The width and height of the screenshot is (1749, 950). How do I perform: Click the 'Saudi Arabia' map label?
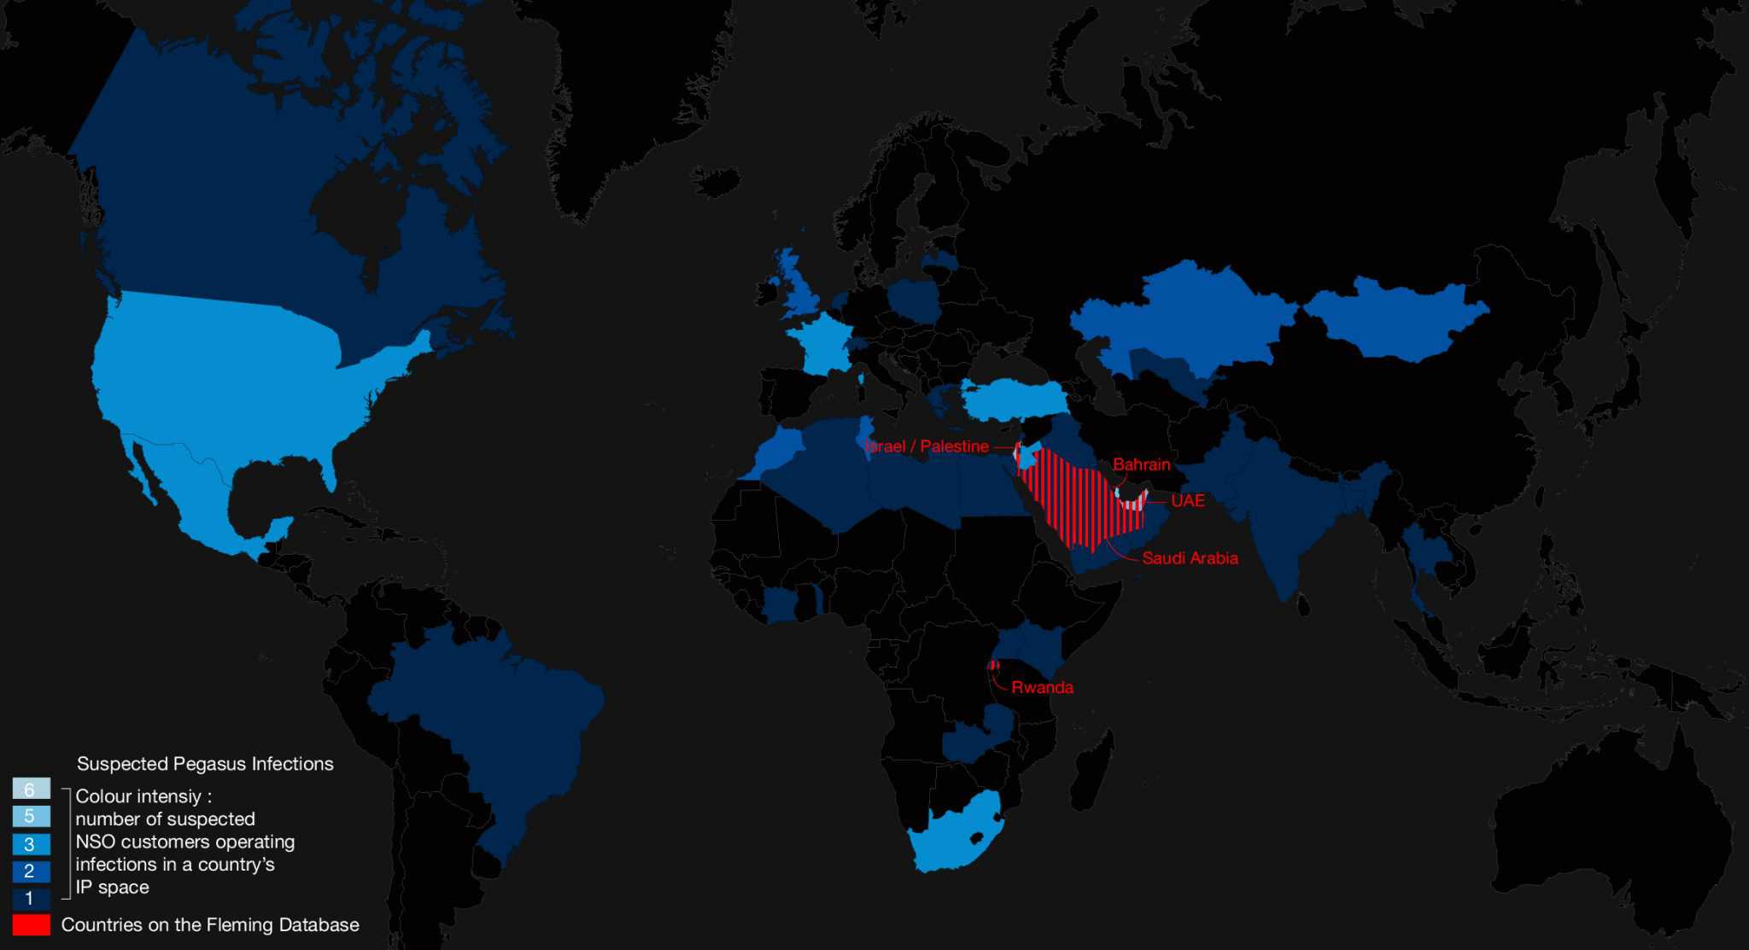[x=1190, y=558]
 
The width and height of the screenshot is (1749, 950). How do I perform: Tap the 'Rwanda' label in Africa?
[x=1042, y=687]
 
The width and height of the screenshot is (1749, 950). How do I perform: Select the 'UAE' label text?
[x=1187, y=500]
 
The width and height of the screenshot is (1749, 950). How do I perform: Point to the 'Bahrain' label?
[x=1141, y=464]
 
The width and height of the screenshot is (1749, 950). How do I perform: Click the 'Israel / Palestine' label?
[x=927, y=446]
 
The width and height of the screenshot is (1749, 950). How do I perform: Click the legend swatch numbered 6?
[x=31, y=789]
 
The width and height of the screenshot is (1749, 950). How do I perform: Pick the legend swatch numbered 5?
[x=31, y=816]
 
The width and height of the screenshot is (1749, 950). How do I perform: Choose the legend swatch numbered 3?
[x=31, y=844]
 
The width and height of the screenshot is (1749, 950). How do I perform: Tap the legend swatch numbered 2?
[x=31, y=871]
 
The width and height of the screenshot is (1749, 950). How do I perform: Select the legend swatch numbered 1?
[x=31, y=898]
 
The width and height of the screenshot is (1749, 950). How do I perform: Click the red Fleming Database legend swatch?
[x=31, y=925]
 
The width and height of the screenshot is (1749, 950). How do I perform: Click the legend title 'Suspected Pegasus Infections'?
[x=205, y=764]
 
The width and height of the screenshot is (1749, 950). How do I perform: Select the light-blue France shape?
[x=820, y=341]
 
